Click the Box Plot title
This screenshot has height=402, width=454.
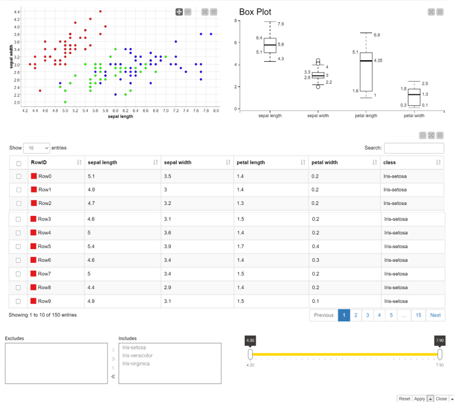point(255,12)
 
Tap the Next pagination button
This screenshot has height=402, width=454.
point(435,315)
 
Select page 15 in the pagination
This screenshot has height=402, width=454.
point(418,315)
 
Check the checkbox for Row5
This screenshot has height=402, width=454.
point(18,246)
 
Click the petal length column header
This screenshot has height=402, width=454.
point(251,163)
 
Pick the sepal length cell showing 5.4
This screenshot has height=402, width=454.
point(91,246)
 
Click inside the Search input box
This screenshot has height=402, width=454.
point(414,148)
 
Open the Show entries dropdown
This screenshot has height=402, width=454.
point(37,148)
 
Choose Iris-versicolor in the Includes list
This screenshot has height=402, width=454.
point(137,356)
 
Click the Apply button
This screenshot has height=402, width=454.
point(419,399)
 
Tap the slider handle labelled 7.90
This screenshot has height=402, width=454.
point(440,354)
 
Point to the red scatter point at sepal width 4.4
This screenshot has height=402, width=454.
point(100,11)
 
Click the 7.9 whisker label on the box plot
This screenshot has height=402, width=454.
point(280,24)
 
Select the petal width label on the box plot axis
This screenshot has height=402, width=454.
point(414,116)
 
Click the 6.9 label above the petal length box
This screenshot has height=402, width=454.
point(377,35)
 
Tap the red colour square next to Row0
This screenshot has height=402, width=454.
point(34,176)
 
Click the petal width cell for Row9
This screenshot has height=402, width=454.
point(315,301)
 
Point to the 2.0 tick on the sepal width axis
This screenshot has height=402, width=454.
point(17,103)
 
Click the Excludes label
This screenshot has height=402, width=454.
point(14,338)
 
